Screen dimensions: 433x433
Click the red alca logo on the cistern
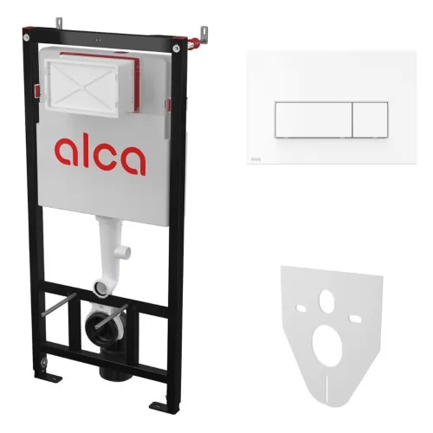[100, 155]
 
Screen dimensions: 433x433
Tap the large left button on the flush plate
[313, 120]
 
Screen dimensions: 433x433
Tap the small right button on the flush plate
[370, 120]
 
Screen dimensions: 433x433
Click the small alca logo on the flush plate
[255, 159]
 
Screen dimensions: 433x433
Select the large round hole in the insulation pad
[327, 346]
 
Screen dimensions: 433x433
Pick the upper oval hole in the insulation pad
[326, 301]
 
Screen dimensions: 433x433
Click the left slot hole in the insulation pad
[301, 308]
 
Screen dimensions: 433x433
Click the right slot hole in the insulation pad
[354, 319]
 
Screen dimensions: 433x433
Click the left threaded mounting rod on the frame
[59, 305]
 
